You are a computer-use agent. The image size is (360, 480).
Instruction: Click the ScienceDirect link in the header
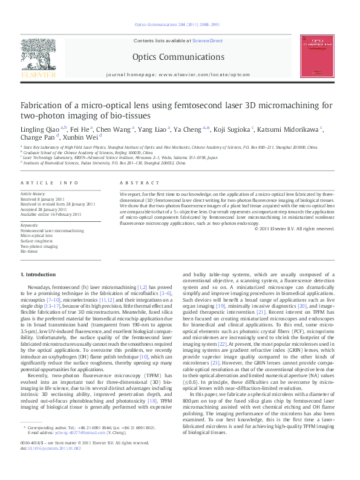click(207, 41)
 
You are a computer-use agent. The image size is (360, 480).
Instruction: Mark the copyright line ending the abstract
click(293, 229)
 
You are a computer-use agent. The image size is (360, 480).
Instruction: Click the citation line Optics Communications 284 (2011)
click(180, 25)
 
